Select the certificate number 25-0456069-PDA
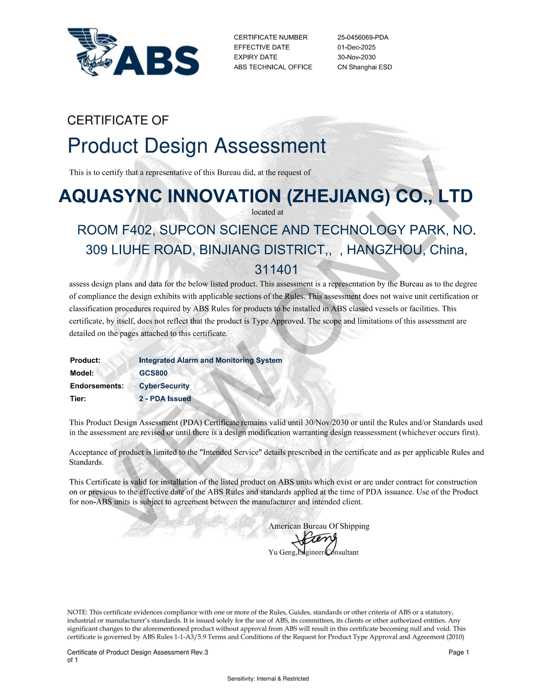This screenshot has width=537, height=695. pos(362,37)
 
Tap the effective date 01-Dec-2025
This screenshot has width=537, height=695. pos(356,48)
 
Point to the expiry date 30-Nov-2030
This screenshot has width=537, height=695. pos(356,57)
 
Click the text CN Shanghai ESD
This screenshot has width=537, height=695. pos(365,67)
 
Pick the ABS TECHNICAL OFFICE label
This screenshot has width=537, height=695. pos(273,67)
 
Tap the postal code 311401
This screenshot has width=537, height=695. pos(276,270)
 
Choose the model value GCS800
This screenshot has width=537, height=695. pos(153,373)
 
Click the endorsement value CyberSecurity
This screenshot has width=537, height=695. pos(164,386)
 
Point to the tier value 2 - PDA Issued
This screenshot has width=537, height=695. pos(165,399)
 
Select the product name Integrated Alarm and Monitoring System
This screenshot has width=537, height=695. pos(210,360)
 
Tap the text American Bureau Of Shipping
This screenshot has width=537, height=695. pos(319,526)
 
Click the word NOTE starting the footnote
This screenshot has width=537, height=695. pos(77,612)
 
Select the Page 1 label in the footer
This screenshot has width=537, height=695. pos(458,652)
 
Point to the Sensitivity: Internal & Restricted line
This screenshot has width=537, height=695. pos(268,679)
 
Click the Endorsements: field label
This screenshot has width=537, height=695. pos(97,386)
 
